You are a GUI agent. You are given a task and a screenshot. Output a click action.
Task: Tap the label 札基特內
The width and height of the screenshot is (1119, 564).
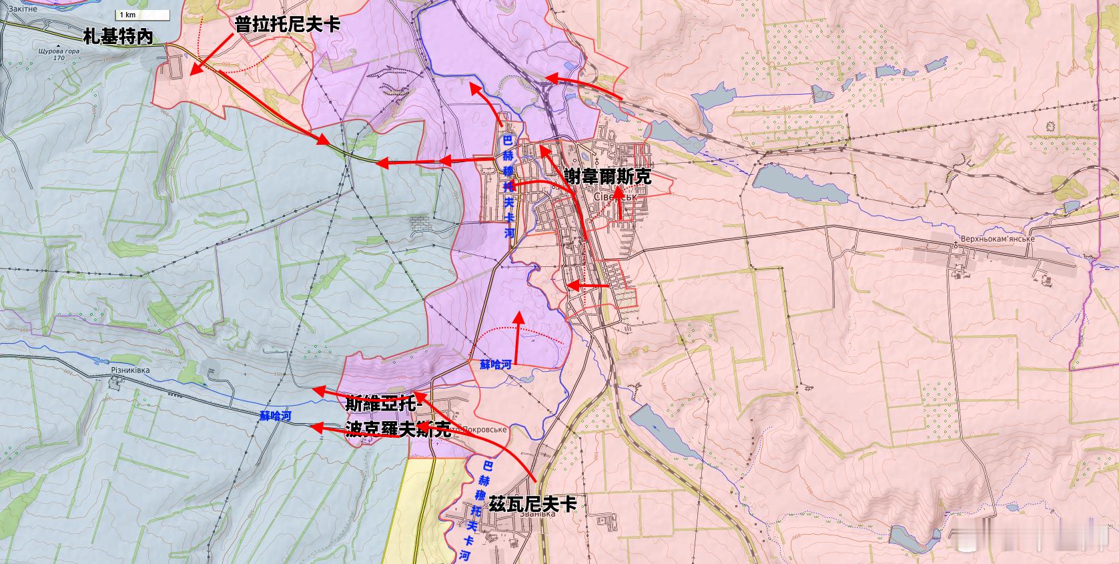coord(118,37)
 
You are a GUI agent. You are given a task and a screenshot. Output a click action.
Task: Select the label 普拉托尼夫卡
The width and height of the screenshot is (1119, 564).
coord(288,25)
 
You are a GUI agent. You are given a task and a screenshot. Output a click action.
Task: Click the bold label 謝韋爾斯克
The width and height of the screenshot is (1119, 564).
coord(607,177)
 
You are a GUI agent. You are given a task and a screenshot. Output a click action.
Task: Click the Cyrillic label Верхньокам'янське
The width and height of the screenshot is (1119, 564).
coord(998,239)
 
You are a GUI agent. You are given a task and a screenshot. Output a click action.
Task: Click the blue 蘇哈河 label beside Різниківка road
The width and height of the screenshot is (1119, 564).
coord(276,416)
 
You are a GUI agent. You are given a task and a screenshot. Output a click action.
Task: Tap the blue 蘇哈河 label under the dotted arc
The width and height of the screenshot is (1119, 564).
coord(496,364)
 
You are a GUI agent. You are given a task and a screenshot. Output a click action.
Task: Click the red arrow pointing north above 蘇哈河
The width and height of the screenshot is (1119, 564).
coord(517,337)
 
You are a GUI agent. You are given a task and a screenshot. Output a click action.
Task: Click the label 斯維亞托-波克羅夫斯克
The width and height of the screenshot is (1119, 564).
coord(398,417)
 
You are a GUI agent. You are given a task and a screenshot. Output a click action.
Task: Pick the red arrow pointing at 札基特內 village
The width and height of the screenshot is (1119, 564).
coord(210,53)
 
